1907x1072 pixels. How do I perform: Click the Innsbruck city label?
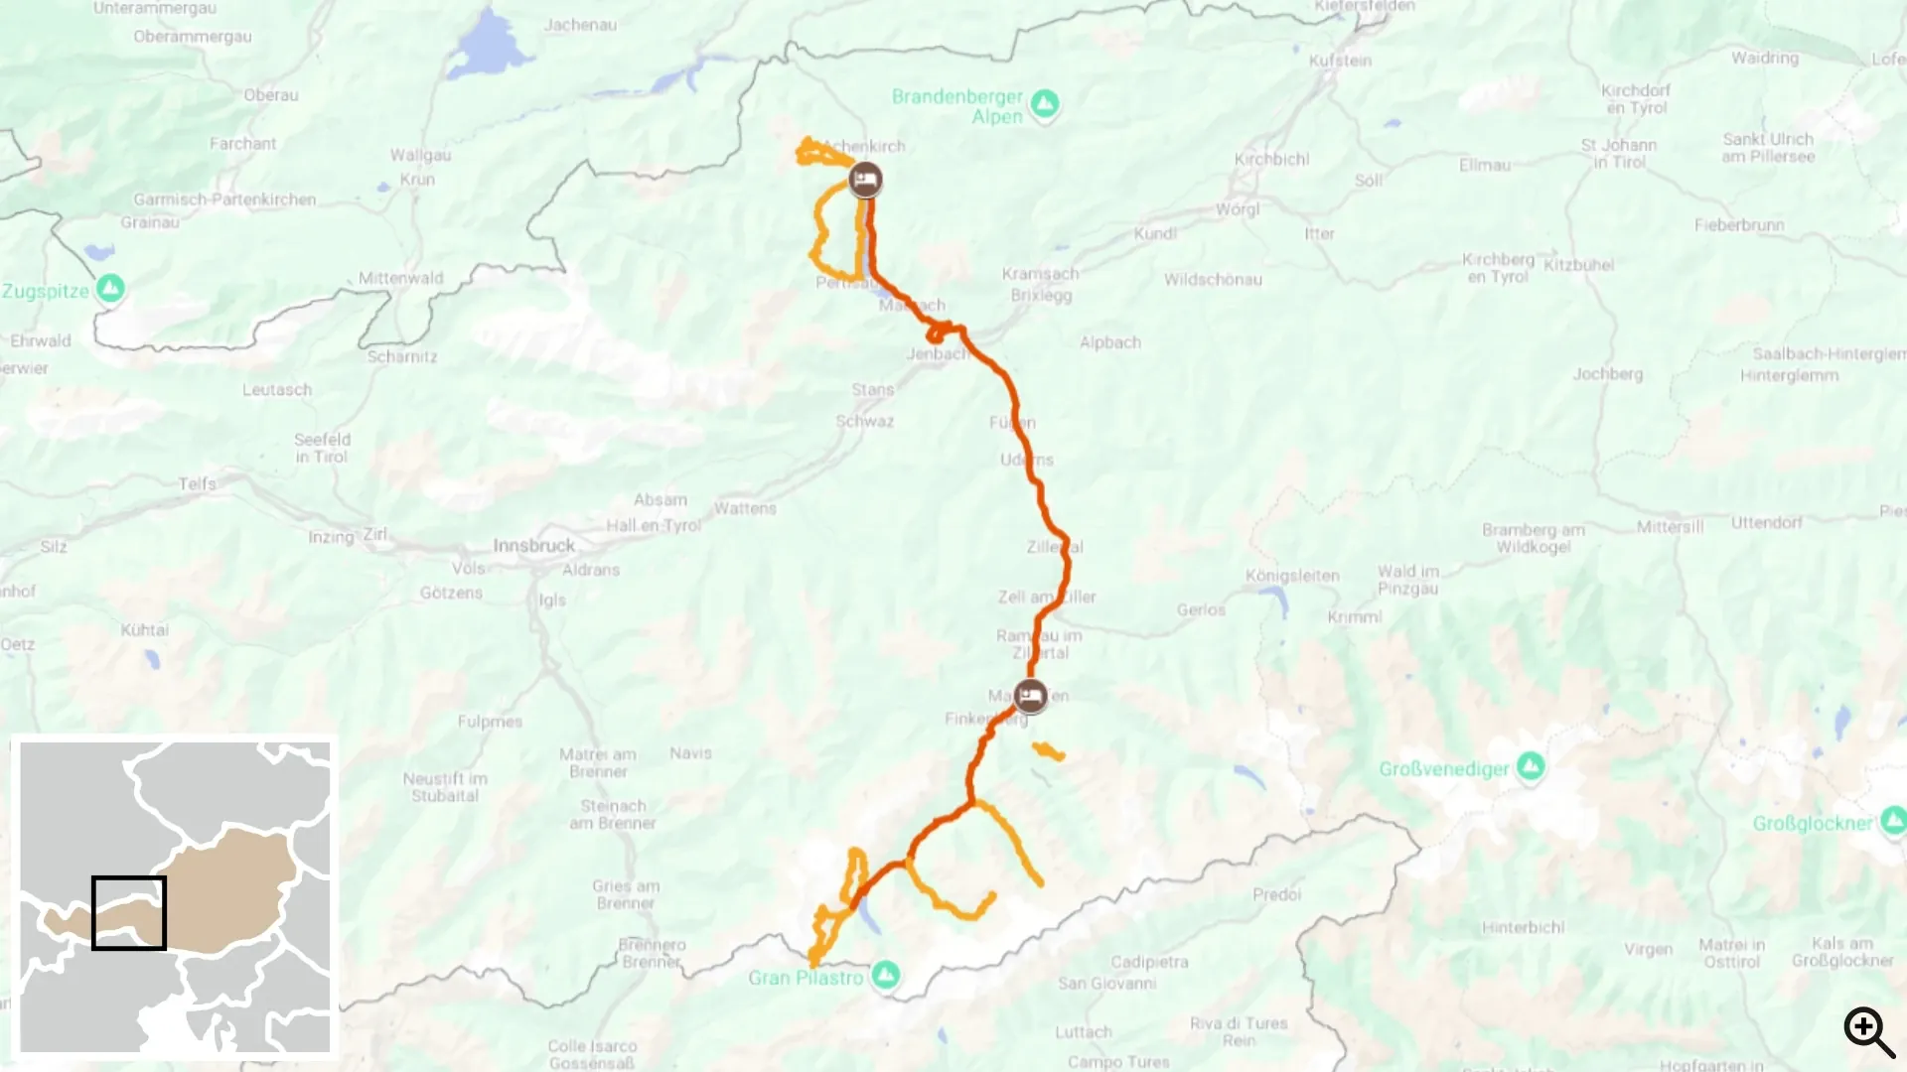click(533, 545)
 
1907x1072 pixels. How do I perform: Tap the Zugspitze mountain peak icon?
click(110, 288)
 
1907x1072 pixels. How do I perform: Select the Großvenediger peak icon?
click(1530, 766)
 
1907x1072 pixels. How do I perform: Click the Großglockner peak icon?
click(1892, 820)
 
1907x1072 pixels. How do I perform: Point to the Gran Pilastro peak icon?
click(885, 975)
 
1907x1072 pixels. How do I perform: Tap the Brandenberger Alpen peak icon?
click(1044, 102)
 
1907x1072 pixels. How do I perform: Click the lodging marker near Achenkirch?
click(865, 180)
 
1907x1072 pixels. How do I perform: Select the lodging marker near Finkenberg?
click(1030, 696)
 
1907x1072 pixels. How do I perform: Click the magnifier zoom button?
click(1868, 1031)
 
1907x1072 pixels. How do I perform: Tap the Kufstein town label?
click(1340, 61)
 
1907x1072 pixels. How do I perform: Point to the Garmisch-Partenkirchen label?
click(224, 200)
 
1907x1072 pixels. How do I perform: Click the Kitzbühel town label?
click(1578, 265)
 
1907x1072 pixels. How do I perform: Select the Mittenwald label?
click(400, 278)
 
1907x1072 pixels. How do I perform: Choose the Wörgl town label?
click(1238, 209)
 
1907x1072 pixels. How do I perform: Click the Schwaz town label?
click(864, 421)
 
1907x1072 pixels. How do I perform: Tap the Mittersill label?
click(1670, 526)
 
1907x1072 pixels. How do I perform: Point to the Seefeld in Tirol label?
click(322, 448)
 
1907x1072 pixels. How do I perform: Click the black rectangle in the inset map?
click(129, 912)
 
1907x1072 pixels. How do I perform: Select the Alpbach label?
click(1109, 342)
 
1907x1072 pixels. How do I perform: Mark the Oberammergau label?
click(193, 37)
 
